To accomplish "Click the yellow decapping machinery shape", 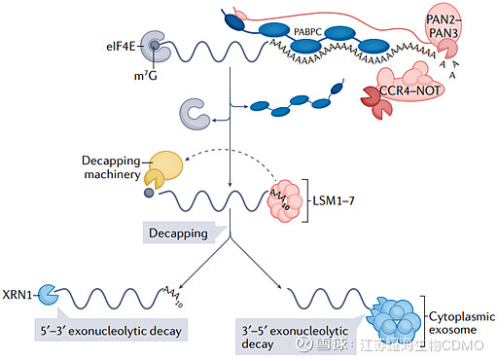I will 165,168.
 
